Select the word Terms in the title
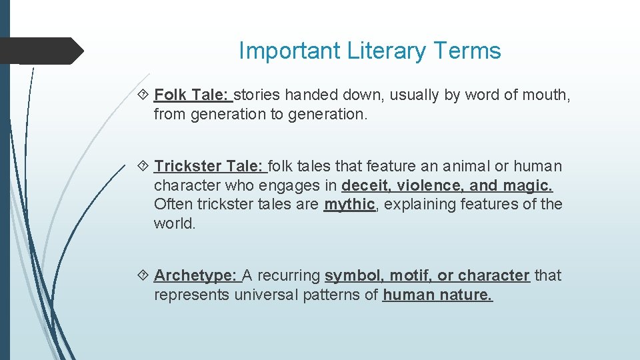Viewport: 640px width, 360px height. [468, 51]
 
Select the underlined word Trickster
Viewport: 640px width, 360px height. [188, 166]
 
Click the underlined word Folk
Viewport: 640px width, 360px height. [170, 95]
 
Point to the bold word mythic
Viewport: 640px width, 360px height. [349, 204]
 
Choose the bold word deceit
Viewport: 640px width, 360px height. [364, 185]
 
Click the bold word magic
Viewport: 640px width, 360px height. [527, 185]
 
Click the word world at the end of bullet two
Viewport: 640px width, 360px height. [173, 223]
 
